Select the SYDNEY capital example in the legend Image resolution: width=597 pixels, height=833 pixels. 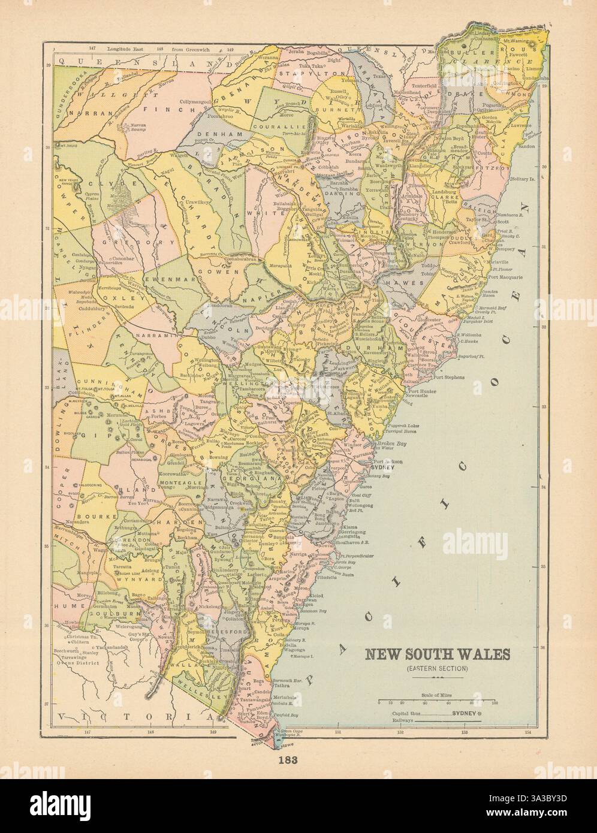click(x=463, y=714)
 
